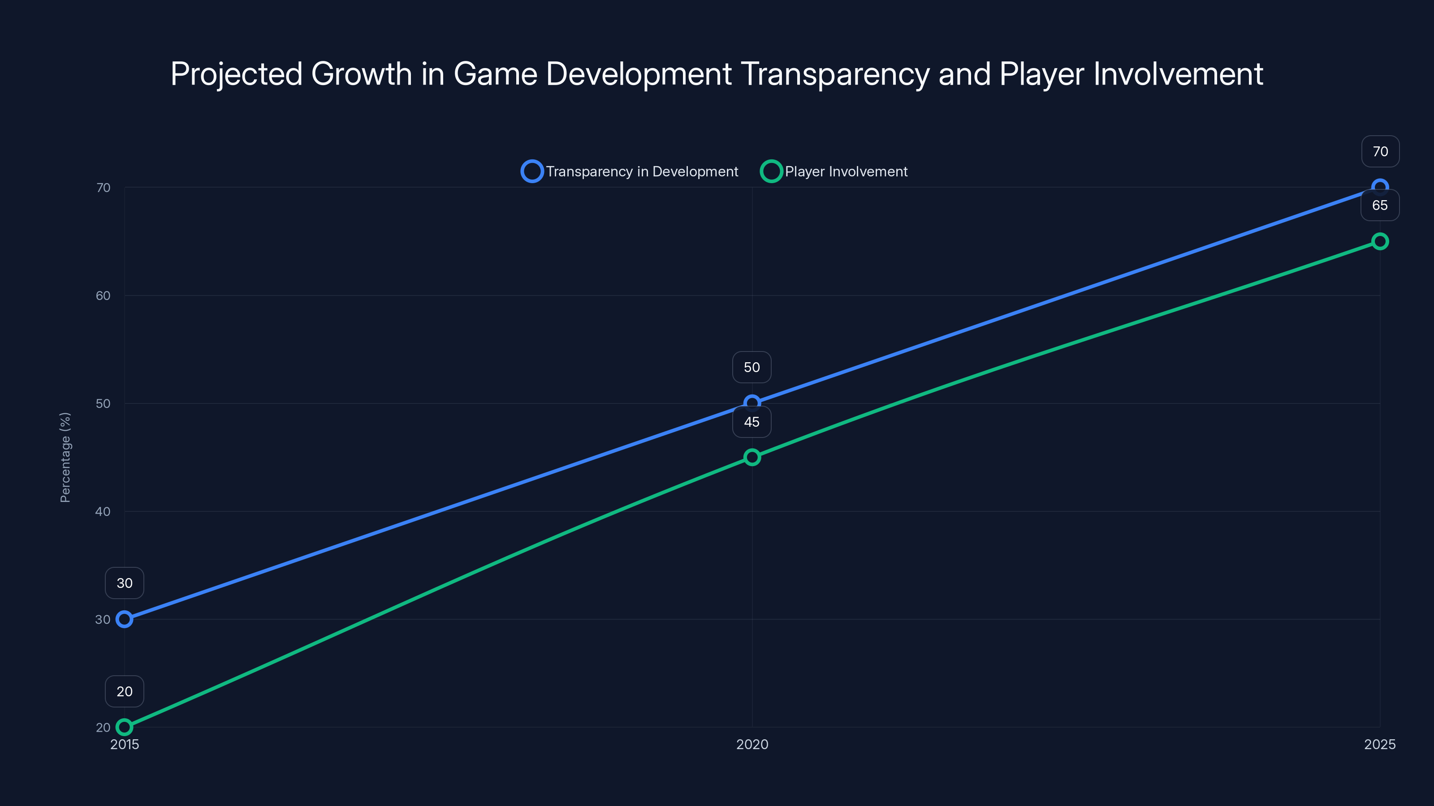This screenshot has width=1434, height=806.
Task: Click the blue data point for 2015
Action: point(124,619)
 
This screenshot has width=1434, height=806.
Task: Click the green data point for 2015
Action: point(124,727)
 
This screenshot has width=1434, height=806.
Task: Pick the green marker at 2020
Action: point(752,457)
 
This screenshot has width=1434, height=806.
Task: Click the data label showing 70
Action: point(1380,151)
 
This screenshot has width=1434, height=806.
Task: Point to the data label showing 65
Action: point(1379,205)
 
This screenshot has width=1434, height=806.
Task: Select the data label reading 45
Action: point(752,422)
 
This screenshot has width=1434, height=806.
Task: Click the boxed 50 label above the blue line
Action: point(752,367)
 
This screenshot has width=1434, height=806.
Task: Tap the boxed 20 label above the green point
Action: point(124,691)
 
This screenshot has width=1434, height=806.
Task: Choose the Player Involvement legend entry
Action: point(834,171)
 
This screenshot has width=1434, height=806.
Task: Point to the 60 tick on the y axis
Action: point(103,296)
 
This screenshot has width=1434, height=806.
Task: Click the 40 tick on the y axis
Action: point(103,511)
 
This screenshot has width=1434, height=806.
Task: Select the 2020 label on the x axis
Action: point(752,744)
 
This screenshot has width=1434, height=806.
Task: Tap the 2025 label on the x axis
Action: point(1379,744)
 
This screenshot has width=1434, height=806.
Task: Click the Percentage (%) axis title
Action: point(65,457)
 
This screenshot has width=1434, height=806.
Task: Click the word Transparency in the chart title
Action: point(835,74)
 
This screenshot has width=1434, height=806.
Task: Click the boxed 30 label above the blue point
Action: point(124,583)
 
